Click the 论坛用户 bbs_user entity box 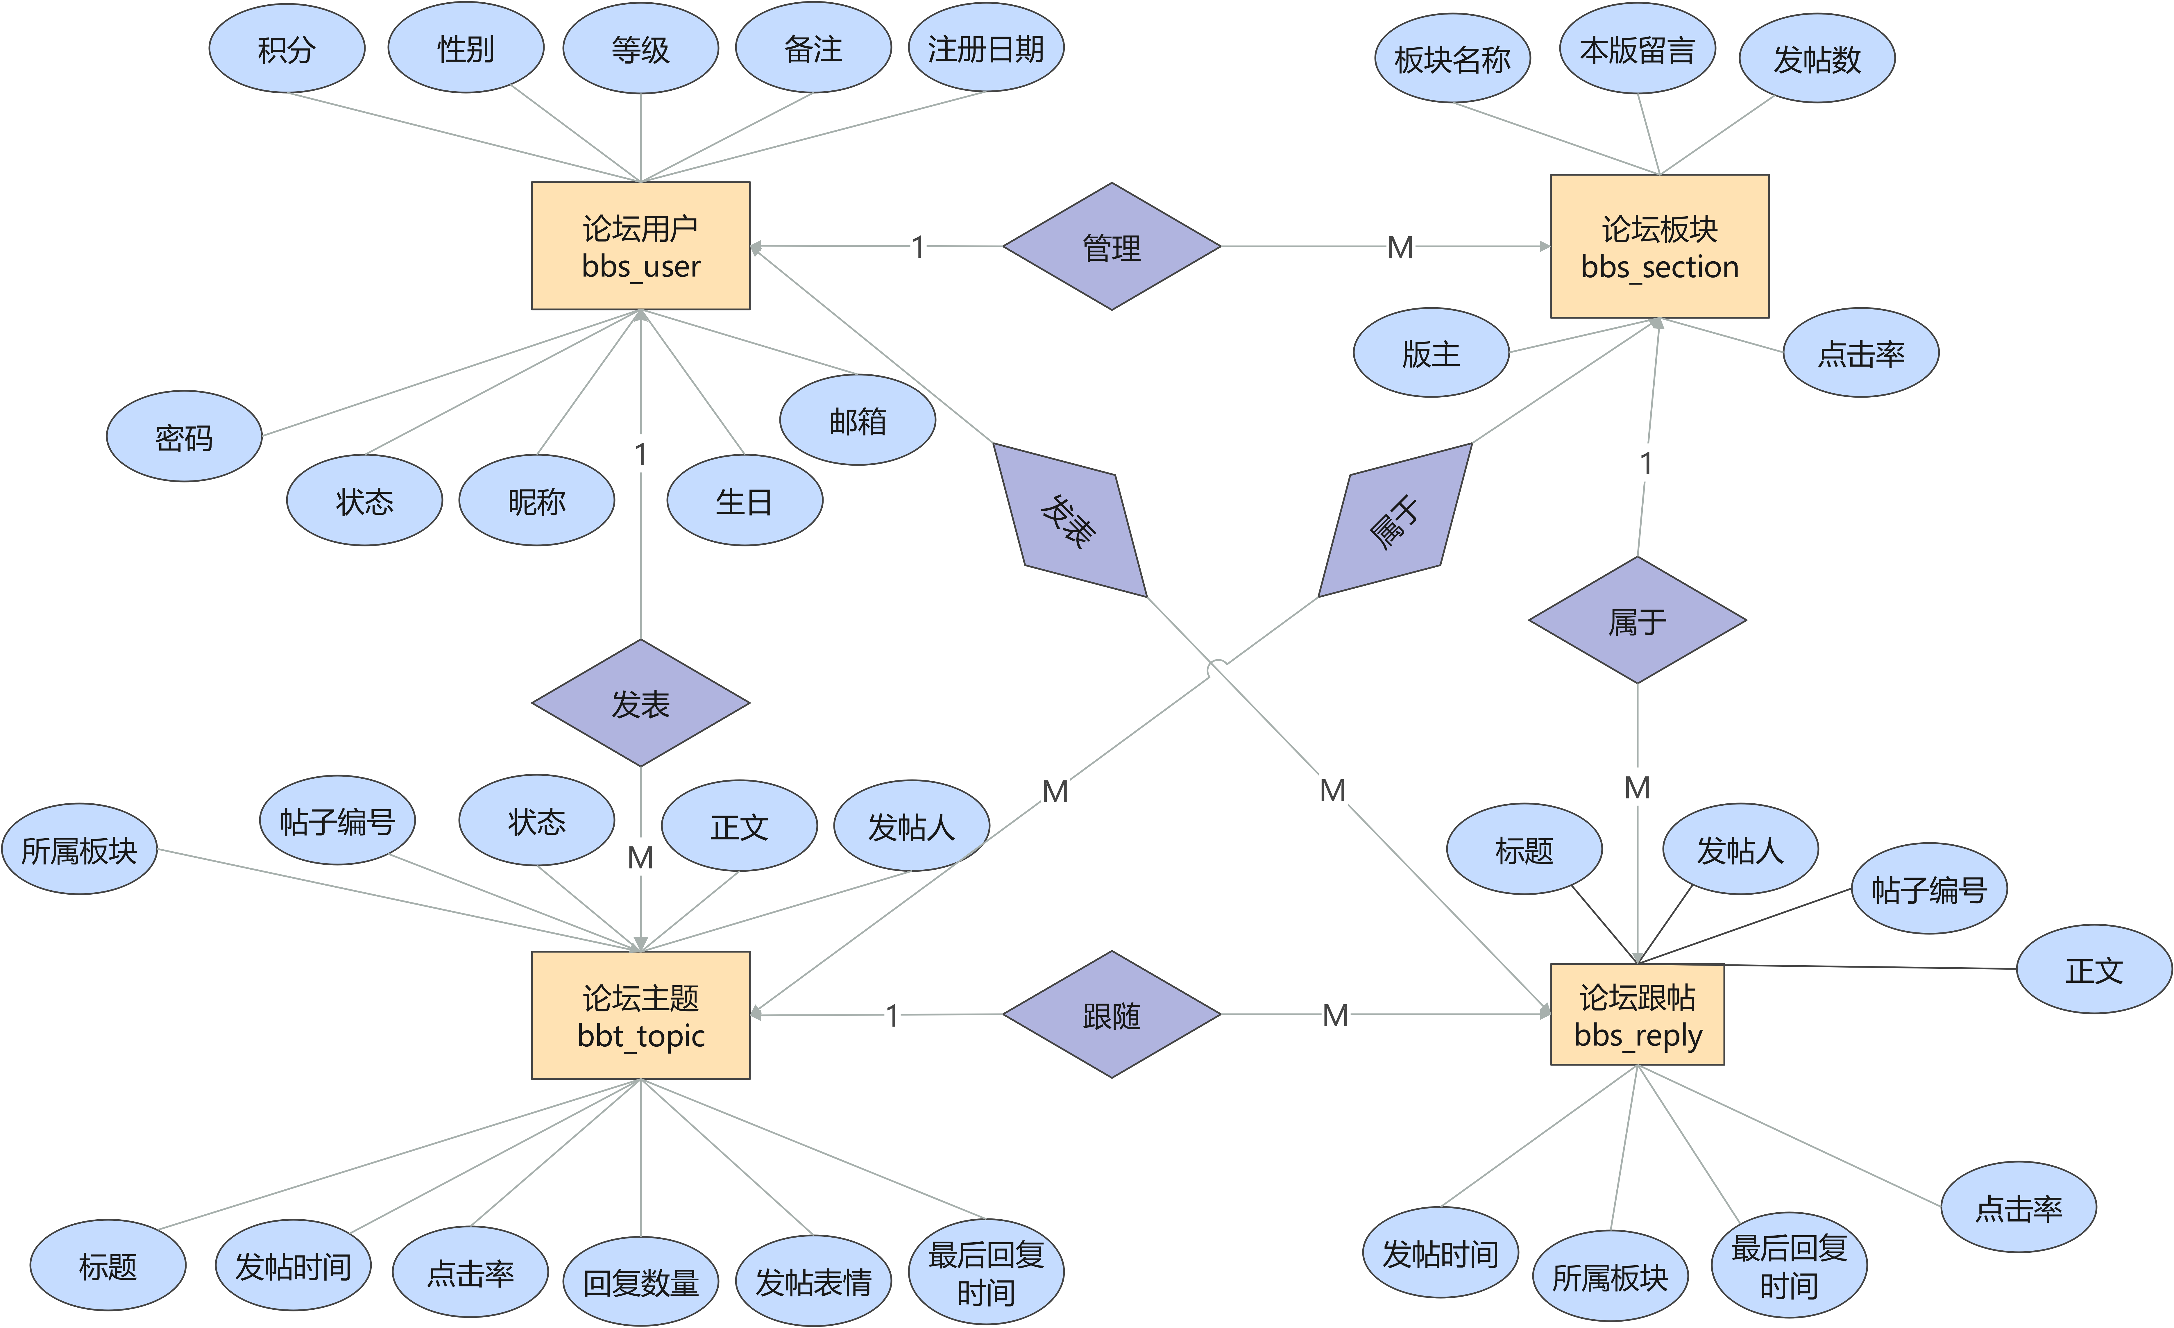click(x=640, y=246)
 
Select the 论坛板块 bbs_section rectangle click(x=1659, y=246)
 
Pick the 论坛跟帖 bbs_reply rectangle click(x=1637, y=1015)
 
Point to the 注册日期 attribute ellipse click(x=985, y=49)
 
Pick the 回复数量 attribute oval click(x=640, y=1281)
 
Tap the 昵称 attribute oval click(x=536, y=501)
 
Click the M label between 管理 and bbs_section click(x=1400, y=247)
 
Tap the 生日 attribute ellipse click(x=744, y=501)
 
